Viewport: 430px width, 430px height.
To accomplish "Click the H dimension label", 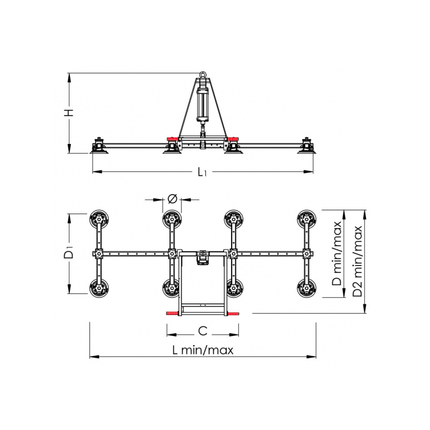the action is tap(70, 112).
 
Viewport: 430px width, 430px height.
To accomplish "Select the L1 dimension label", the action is tap(202, 172).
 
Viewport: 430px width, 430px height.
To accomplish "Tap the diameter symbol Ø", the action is tap(172, 199).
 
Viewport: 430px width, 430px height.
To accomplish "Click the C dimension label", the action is tap(203, 331).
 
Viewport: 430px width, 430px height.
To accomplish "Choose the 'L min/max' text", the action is tap(203, 350).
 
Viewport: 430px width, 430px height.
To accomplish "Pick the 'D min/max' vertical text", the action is tap(337, 253).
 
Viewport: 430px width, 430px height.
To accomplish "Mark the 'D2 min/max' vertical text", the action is tap(357, 261).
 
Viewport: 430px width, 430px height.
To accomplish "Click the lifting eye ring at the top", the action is tap(203, 74).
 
